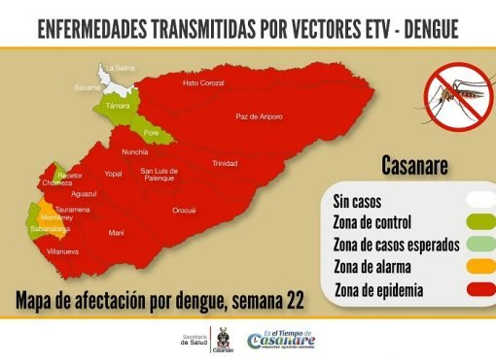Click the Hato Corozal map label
click(203, 83)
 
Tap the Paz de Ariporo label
click(259, 116)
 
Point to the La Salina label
click(120, 67)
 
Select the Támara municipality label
click(118, 105)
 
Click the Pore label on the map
click(151, 131)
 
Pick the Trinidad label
click(225, 163)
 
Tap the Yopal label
click(114, 174)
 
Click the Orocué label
click(184, 210)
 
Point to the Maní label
click(116, 233)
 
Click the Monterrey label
click(57, 218)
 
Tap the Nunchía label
click(135, 152)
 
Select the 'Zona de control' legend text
click(372, 222)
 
